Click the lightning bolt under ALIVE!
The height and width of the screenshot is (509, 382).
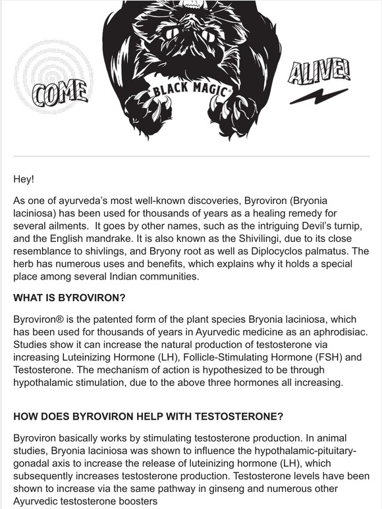coord(319,97)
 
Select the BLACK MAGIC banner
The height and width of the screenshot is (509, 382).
coord(190,86)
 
